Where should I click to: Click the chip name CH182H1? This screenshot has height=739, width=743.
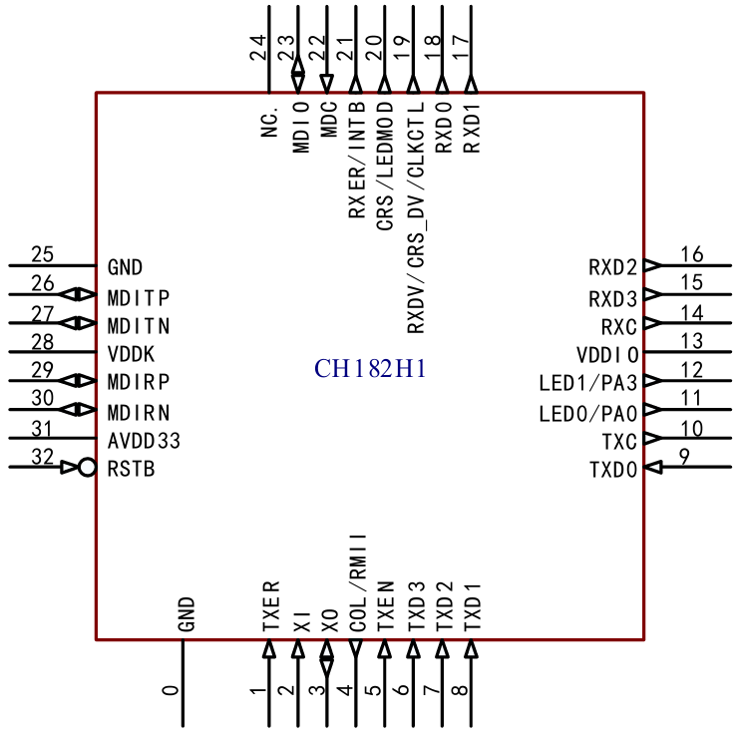(370, 369)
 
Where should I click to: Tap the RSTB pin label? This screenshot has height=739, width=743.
(132, 469)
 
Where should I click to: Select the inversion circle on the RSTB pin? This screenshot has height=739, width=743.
(87, 468)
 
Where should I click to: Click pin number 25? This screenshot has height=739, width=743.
(42, 254)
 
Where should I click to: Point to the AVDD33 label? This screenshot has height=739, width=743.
(144, 441)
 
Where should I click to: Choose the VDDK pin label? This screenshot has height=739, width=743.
(131, 354)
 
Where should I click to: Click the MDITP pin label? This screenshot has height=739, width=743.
(139, 298)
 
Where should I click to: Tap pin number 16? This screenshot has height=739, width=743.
(692, 254)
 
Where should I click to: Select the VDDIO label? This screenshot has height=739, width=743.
(608, 355)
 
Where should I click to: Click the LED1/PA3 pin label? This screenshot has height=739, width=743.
(588, 383)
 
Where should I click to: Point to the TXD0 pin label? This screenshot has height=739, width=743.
(613, 470)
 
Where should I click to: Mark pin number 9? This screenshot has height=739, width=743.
(684, 457)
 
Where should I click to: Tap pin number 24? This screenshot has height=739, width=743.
(258, 48)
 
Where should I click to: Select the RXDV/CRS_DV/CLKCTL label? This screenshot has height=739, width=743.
(416, 217)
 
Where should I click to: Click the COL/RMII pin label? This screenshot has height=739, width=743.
(358, 582)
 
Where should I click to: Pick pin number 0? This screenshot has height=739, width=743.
(171, 690)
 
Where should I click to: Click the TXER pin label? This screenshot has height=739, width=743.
(271, 606)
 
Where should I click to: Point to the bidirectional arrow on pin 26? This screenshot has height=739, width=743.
(78, 294)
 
